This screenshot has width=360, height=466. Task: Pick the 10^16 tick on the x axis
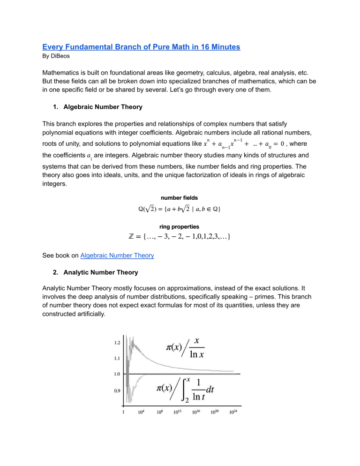[x=196, y=412]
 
